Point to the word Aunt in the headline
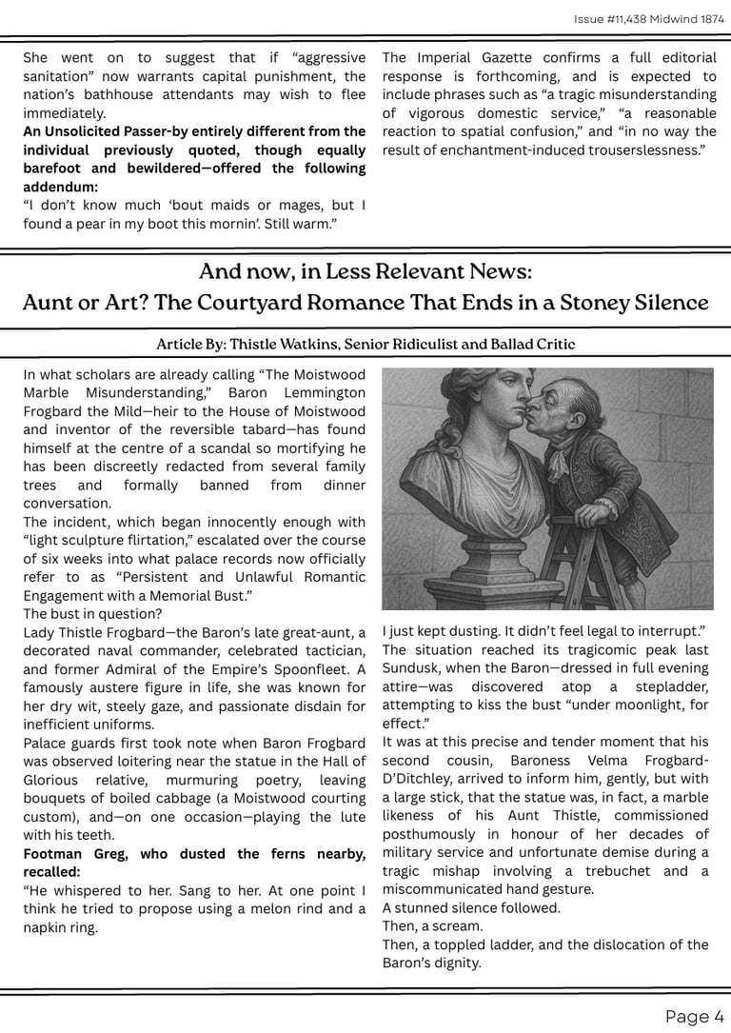click(x=48, y=303)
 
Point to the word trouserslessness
click(x=642, y=149)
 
